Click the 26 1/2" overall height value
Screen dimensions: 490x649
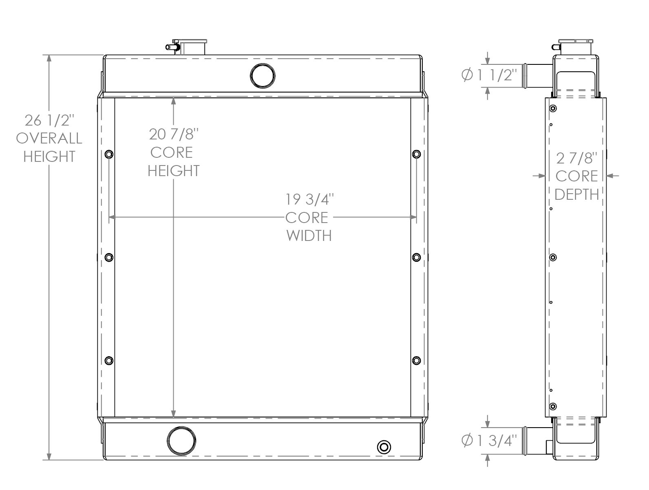49,121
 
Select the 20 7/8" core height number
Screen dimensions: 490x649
174,134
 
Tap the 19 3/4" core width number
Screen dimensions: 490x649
309,200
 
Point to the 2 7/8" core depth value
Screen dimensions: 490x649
576,158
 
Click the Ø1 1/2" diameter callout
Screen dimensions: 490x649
489,75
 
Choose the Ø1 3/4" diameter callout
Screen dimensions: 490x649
489,441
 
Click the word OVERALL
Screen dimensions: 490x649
49,139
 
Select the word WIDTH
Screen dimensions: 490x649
309,236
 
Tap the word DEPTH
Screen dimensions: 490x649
576,194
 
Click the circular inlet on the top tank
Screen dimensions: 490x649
262,75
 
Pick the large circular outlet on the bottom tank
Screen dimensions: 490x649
181,441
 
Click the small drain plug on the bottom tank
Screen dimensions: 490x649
384,447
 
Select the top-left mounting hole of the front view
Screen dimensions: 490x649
109,155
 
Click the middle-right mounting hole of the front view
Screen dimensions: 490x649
416,257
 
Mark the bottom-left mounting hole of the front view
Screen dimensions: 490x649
109,360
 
